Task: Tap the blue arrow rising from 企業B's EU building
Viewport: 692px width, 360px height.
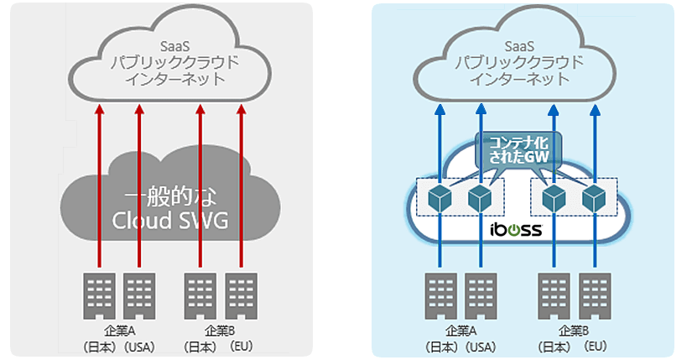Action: click(x=594, y=252)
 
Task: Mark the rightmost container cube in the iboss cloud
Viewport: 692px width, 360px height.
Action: click(x=594, y=199)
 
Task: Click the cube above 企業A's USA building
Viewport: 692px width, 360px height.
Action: click(x=480, y=199)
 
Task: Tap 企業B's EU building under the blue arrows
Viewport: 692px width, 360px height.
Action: click(x=594, y=295)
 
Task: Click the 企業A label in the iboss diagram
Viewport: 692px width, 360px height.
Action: click(x=460, y=330)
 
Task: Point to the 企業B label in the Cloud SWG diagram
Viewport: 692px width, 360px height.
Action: click(x=220, y=330)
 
